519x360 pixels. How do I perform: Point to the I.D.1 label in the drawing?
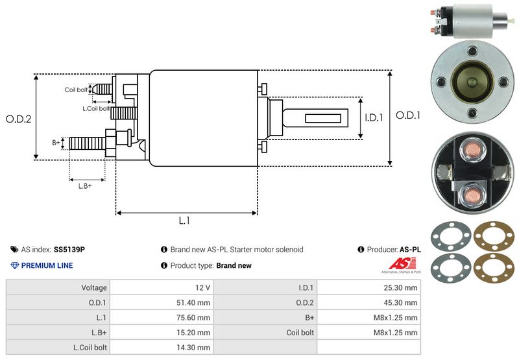click(375, 118)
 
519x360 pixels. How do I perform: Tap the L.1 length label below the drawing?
click(184, 221)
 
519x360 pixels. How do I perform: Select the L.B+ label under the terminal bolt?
click(85, 186)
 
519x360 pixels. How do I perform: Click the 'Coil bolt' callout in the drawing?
click(75, 90)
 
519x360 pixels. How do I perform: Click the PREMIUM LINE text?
click(47, 265)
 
